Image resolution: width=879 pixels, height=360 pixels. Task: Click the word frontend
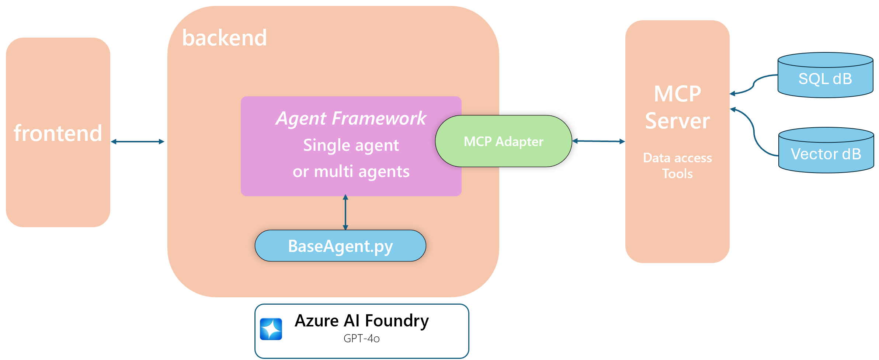58,133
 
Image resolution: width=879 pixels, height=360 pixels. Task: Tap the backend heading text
224,38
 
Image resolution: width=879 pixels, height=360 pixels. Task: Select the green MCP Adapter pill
503,141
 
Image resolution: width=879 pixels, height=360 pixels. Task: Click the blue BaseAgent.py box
340,246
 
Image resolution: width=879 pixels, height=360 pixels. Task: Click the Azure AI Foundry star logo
271,329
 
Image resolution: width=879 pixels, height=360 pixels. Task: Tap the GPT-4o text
361,339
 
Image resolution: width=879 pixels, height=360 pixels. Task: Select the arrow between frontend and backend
138,142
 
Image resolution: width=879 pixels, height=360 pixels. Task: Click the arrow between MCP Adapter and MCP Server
598,141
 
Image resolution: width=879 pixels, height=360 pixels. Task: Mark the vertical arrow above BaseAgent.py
345,213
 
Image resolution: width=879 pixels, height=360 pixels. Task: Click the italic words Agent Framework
351,118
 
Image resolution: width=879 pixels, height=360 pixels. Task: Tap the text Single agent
351,145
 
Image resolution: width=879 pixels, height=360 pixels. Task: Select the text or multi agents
351,172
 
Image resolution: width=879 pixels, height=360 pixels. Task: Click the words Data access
677,158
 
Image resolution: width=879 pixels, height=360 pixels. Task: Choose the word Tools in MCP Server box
677,174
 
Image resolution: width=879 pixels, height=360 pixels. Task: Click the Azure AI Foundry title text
361,321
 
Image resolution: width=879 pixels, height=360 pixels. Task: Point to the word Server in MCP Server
677,121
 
